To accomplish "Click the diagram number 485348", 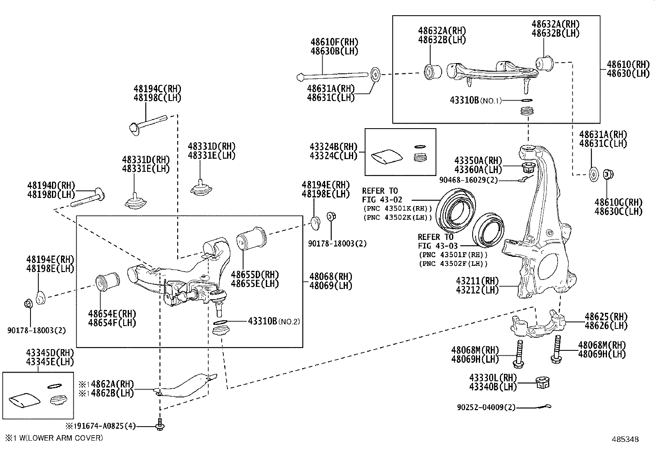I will coord(626,439).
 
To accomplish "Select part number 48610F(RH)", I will coord(334,42).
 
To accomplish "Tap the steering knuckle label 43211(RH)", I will coord(477,281).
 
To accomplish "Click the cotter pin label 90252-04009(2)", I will coord(486,407).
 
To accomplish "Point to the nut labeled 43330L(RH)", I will coord(542,383).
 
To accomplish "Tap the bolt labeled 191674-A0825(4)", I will coord(160,425).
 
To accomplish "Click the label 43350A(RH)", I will coord(478,160).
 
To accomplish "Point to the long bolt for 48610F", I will coord(334,75).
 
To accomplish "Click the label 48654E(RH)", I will coord(112,314).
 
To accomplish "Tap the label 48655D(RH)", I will coord(255,275).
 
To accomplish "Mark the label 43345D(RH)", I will coord(50,353).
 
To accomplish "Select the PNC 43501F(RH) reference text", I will coord(453,255).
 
